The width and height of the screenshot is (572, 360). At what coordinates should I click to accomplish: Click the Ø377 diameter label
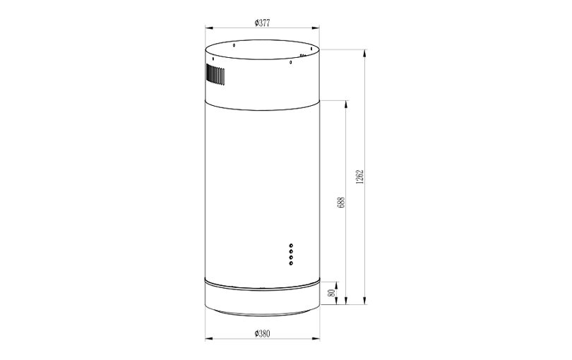pyautogui.click(x=262, y=23)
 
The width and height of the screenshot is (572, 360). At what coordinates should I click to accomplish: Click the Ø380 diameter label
pyautogui.click(x=262, y=333)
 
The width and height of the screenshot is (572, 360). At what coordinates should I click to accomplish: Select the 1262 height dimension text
pyautogui.click(x=359, y=176)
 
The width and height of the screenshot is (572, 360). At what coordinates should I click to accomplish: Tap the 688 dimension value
pyautogui.click(x=342, y=203)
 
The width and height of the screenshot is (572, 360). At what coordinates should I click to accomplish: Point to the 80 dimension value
pyautogui.click(x=332, y=293)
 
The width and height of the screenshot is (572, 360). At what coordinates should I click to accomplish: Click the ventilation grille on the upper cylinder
pyautogui.click(x=215, y=74)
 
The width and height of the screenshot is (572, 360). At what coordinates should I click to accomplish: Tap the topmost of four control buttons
pyautogui.click(x=291, y=246)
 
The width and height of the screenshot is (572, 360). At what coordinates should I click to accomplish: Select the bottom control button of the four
pyautogui.click(x=291, y=263)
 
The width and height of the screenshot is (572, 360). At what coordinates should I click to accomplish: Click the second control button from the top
pyautogui.click(x=291, y=252)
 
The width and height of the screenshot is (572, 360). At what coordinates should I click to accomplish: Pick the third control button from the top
pyautogui.click(x=291, y=258)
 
